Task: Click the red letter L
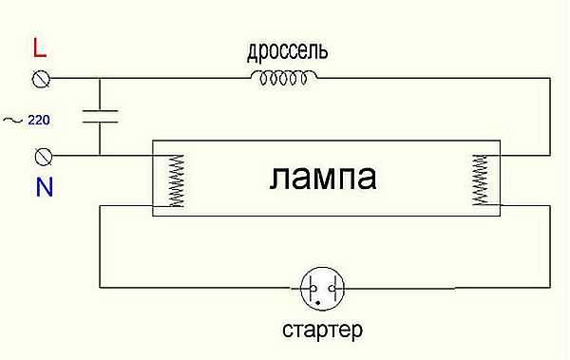(39, 47)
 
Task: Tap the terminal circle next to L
(42, 79)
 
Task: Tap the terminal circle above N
(42, 155)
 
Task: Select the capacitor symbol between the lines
(100, 117)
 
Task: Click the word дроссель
(289, 48)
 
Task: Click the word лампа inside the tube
(323, 178)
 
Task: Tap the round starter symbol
(322, 287)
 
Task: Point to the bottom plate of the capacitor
(100, 123)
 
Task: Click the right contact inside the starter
(331, 287)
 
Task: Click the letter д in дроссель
(253, 50)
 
